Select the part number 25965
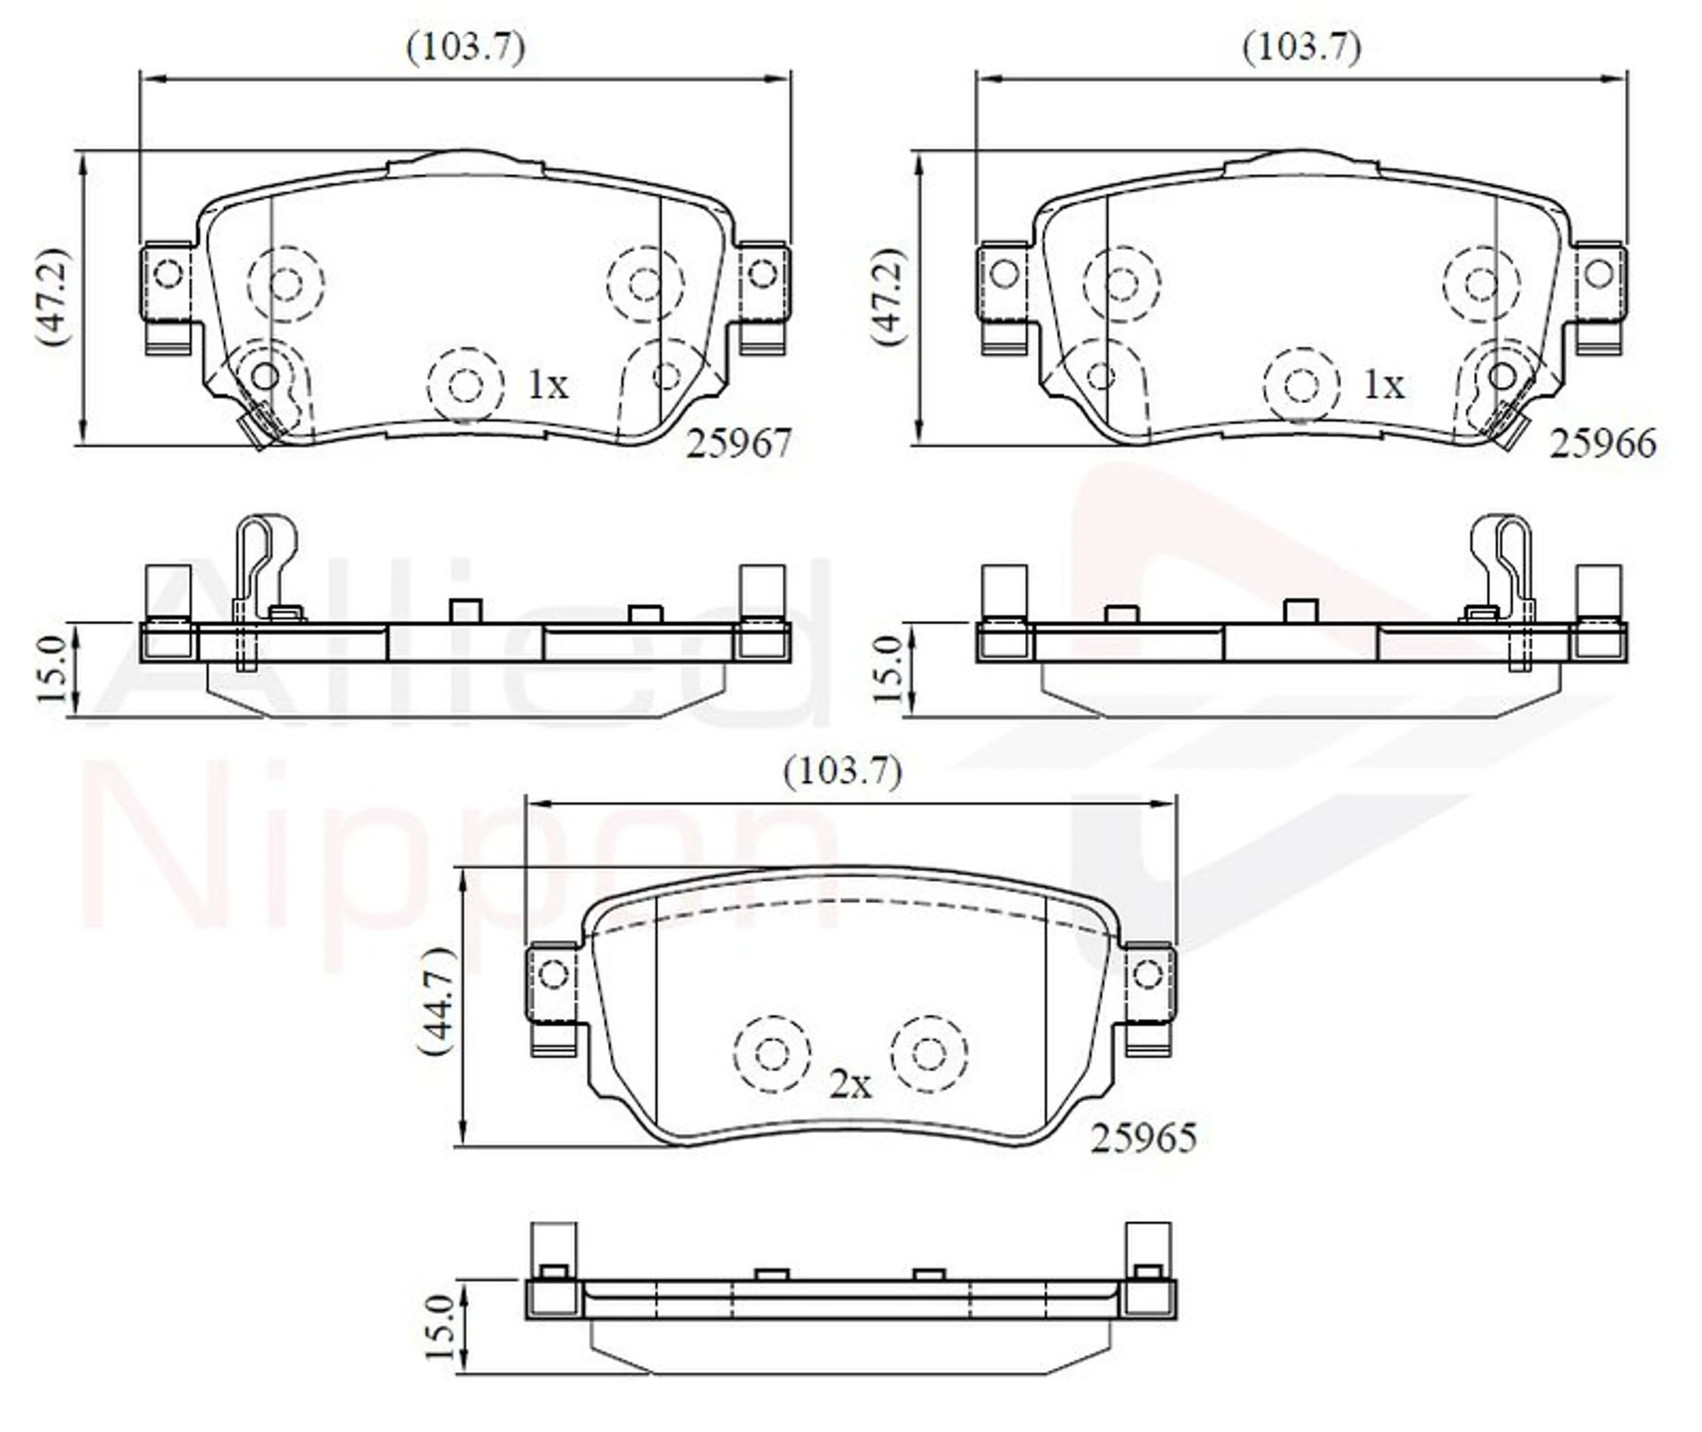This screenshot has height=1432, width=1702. tap(1143, 1138)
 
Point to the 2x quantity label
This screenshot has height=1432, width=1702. tap(850, 1084)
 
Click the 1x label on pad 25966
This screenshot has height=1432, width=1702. tap(1384, 385)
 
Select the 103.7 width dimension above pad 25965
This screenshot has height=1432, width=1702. tap(843, 771)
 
